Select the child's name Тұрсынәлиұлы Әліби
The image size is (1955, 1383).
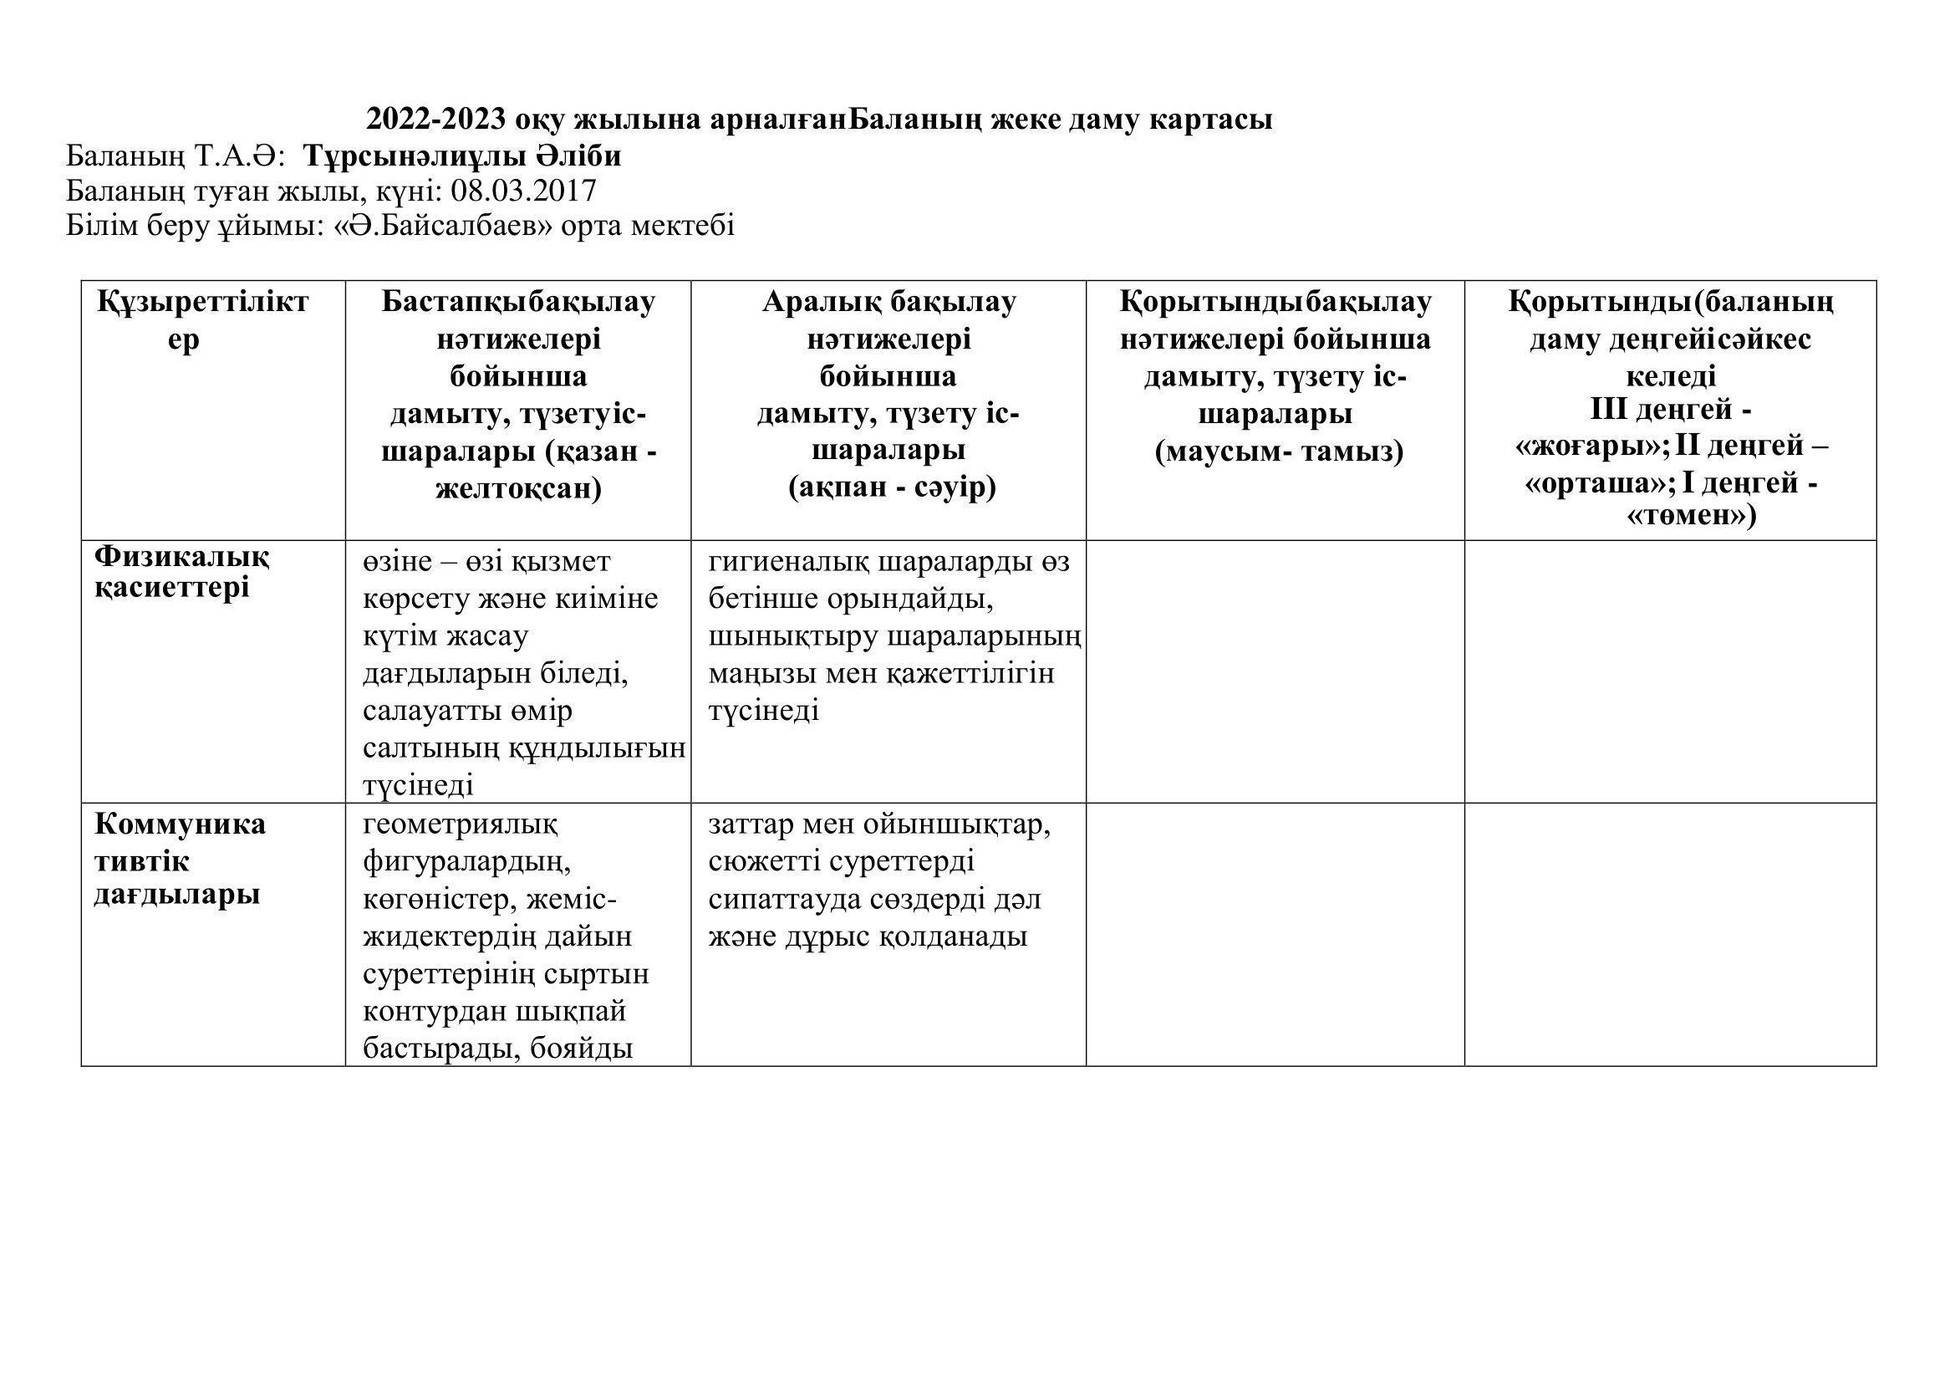462,156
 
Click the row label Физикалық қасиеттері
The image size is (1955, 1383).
181,572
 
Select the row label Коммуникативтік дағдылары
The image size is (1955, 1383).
180,860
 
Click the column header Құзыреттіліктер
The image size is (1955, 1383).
202,320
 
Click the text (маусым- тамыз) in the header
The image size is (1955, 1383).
1279,452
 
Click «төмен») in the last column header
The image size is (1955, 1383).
1691,515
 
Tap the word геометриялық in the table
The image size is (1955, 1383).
461,824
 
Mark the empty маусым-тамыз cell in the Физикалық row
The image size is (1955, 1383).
1275,671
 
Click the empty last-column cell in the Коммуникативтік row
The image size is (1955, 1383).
1670,934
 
